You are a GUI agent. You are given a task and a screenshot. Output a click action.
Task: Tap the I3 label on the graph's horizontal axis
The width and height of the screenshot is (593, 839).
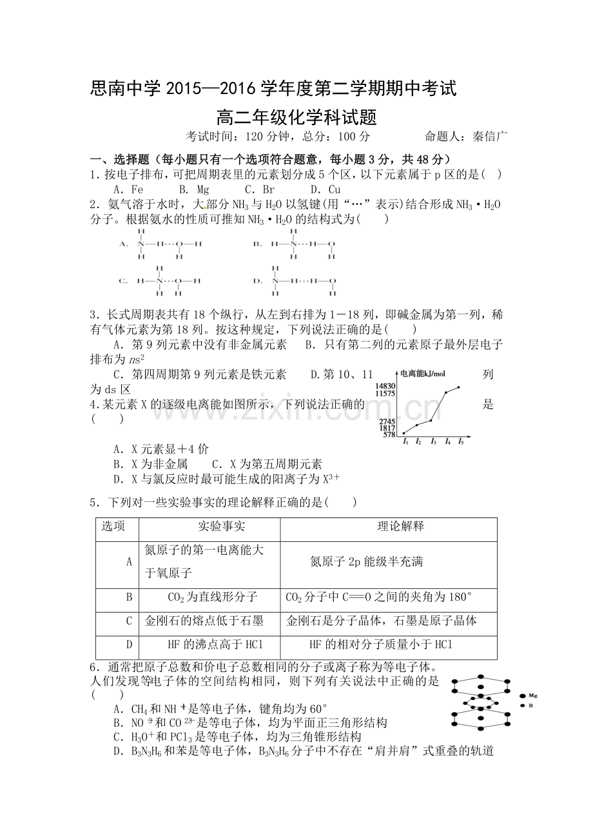[x=433, y=442]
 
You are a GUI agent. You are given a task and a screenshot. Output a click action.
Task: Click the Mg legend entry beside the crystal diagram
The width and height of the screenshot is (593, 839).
[x=532, y=696]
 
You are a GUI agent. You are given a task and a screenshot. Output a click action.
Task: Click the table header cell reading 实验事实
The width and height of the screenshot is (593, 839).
[x=209, y=526]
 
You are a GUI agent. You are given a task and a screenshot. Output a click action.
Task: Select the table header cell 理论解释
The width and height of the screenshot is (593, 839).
[x=388, y=526]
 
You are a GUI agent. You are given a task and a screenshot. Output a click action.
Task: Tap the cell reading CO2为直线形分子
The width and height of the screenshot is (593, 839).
[x=209, y=597]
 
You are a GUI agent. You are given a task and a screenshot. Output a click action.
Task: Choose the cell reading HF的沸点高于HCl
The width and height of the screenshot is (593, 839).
[x=209, y=644]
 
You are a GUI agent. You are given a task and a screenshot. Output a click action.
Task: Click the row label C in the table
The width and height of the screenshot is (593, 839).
[x=129, y=621]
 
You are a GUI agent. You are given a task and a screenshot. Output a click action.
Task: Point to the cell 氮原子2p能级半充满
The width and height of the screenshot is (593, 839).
[x=366, y=562]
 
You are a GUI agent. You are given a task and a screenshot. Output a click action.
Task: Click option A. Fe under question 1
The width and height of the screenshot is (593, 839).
[x=128, y=189]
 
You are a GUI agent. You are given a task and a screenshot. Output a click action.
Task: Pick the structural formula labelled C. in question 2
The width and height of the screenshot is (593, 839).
[x=161, y=281]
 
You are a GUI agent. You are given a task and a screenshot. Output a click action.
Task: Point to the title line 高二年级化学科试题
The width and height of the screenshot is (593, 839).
[x=296, y=118]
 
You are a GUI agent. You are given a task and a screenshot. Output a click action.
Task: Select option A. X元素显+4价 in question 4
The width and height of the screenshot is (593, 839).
[x=160, y=449]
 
